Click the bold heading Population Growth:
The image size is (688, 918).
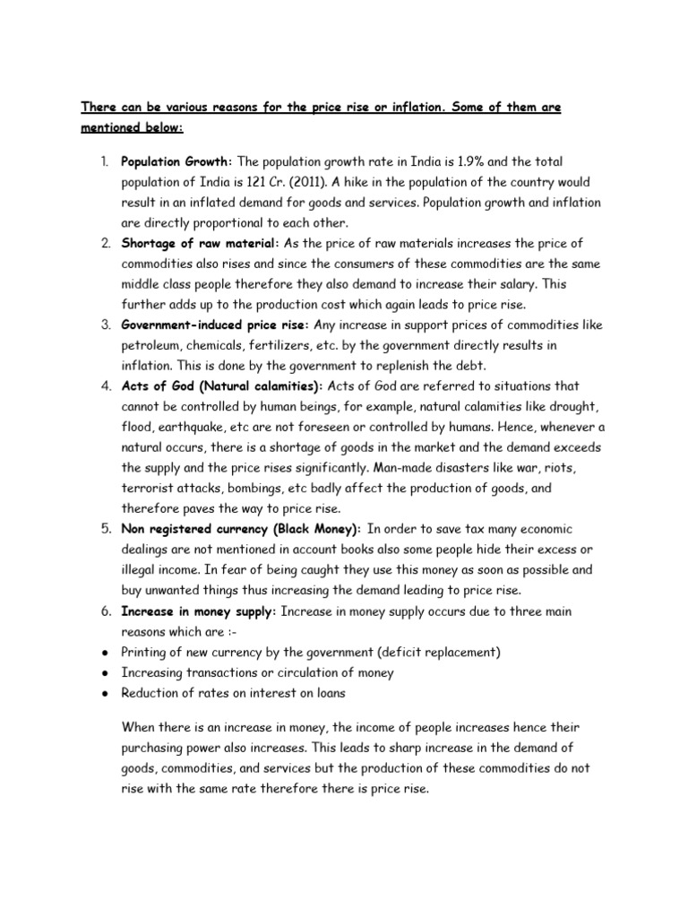(176, 161)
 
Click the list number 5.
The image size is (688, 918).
(104, 530)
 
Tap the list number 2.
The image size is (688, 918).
(104, 244)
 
